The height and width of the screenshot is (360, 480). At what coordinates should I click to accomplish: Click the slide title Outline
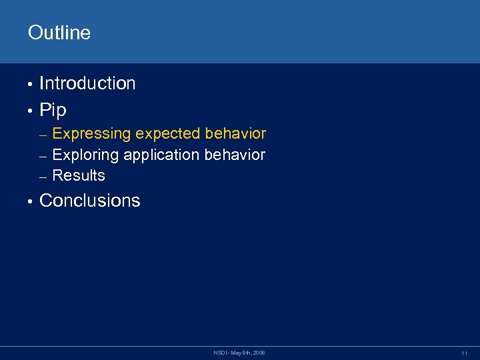(59, 33)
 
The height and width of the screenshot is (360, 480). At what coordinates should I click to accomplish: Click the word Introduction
(87, 83)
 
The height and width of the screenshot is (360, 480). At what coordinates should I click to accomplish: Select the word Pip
(53, 110)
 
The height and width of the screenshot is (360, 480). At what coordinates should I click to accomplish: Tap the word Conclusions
(90, 201)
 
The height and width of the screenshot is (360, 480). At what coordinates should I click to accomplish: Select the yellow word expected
(168, 134)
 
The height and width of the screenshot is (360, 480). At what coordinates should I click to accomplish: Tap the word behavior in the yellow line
(235, 133)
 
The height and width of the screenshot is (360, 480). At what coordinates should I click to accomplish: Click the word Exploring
(85, 155)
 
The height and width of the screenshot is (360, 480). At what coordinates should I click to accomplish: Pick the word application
(162, 155)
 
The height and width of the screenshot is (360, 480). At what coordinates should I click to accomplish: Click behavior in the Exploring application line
(235, 155)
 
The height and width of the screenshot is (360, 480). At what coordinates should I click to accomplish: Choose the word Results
(79, 176)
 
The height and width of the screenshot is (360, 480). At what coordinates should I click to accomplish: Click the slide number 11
(464, 353)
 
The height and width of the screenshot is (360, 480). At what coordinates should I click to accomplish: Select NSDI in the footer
(219, 352)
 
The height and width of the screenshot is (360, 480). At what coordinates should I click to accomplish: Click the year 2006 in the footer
(259, 352)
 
